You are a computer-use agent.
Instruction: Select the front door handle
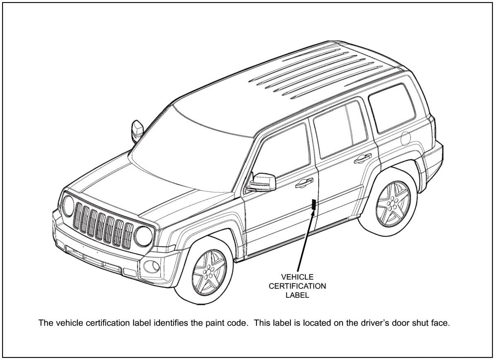[304, 182]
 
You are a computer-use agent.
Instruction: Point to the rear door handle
[363, 157]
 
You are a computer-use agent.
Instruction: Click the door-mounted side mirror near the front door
[263, 182]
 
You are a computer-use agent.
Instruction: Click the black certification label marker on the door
[314, 205]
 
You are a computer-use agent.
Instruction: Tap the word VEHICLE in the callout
[297, 276]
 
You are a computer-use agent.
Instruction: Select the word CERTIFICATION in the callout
[297, 286]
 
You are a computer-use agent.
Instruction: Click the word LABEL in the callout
[297, 296]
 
